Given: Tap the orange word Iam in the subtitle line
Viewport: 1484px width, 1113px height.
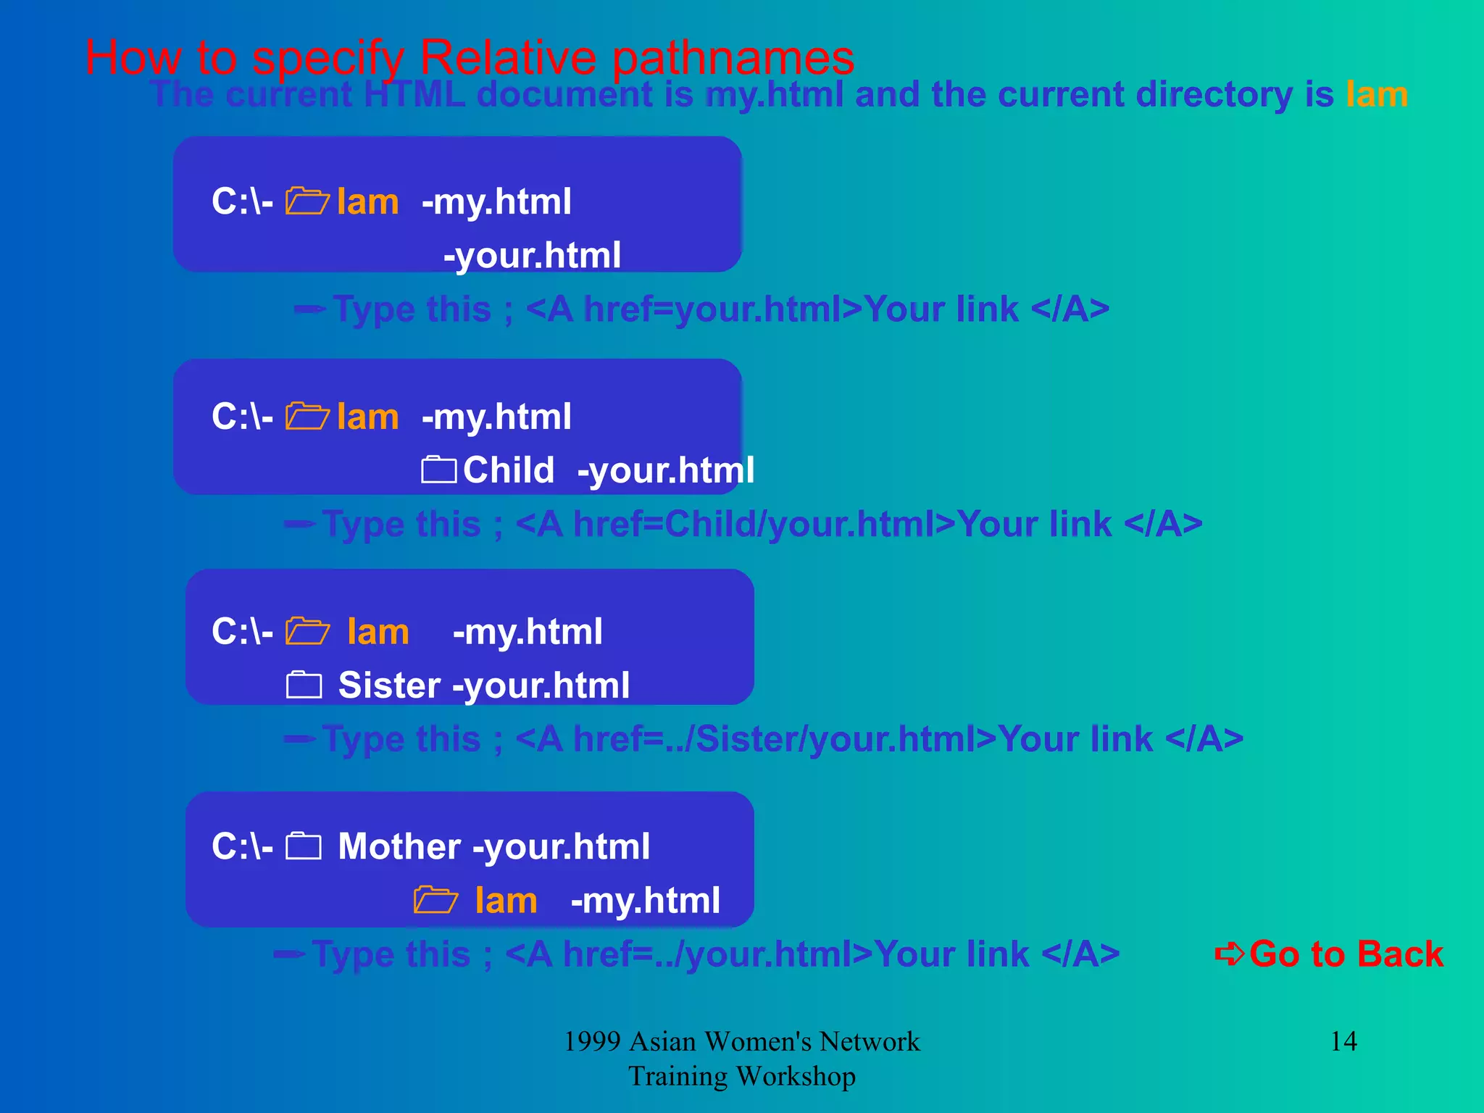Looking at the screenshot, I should click(x=1377, y=95).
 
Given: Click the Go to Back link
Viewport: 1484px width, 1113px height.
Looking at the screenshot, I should click(x=1346, y=954).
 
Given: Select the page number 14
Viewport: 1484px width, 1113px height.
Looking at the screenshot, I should click(x=1343, y=1041).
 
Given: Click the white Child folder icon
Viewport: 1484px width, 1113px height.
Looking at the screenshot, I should click(x=438, y=470).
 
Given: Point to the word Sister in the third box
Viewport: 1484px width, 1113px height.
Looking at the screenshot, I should click(x=389, y=685).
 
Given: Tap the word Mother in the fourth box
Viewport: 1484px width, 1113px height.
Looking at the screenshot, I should click(x=399, y=846).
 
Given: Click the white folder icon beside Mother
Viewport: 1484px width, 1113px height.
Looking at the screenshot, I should click(x=304, y=846).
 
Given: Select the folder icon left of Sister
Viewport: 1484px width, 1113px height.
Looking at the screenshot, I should click(x=304, y=685).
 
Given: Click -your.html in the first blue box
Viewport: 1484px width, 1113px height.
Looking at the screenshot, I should click(x=532, y=256).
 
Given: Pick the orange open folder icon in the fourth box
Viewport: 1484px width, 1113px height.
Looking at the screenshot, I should click(x=435, y=900).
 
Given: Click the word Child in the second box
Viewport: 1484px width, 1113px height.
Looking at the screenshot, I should click(x=509, y=470).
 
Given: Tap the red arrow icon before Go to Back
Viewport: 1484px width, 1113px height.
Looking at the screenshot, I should click(x=1230, y=954).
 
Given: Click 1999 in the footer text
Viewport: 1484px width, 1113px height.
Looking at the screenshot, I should click(x=592, y=1042).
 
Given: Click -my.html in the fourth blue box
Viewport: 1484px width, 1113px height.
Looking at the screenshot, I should click(x=645, y=901).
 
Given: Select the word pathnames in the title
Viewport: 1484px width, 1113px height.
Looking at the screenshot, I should click(x=733, y=58).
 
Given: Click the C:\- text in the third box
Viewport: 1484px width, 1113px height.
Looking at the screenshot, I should click(x=242, y=632).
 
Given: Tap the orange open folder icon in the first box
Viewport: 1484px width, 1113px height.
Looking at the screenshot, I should click(x=307, y=201).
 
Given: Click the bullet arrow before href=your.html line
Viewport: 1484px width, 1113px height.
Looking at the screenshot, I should click(x=309, y=310).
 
